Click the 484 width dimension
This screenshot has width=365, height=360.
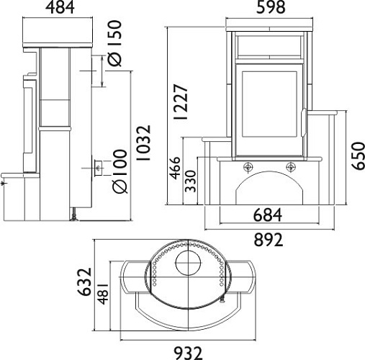click(60, 8)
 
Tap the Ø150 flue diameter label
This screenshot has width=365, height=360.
click(114, 43)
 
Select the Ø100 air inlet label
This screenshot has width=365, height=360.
click(120, 171)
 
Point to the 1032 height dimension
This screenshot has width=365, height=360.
click(144, 143)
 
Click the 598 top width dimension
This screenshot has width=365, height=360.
click(271, 7)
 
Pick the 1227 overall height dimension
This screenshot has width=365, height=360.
click(181, 102)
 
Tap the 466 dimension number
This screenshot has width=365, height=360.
click(175, 168)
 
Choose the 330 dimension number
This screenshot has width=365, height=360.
click(191, 181)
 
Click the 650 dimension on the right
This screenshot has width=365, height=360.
click(359, 156)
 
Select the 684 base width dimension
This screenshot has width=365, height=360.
click(268, 215)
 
